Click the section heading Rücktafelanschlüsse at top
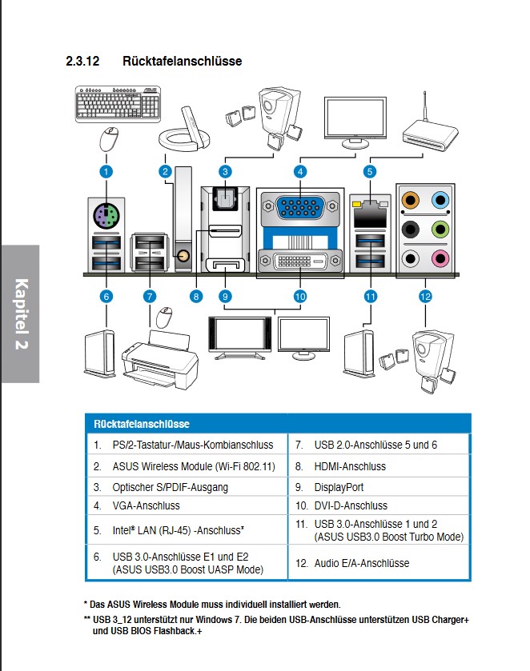click(182, 61)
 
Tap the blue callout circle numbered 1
click(105, 171)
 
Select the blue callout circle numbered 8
click(196, 296)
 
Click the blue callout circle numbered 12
click(425, 296)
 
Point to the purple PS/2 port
click(106, 214)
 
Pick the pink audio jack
click(438, 258)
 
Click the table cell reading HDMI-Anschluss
click(350, 466)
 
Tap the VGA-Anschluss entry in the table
click(147, 505)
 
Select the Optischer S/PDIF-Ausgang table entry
click(170, 486)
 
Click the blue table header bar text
click(141, 424)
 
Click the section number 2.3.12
click(82, 61)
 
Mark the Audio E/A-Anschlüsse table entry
click(361, 563)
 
